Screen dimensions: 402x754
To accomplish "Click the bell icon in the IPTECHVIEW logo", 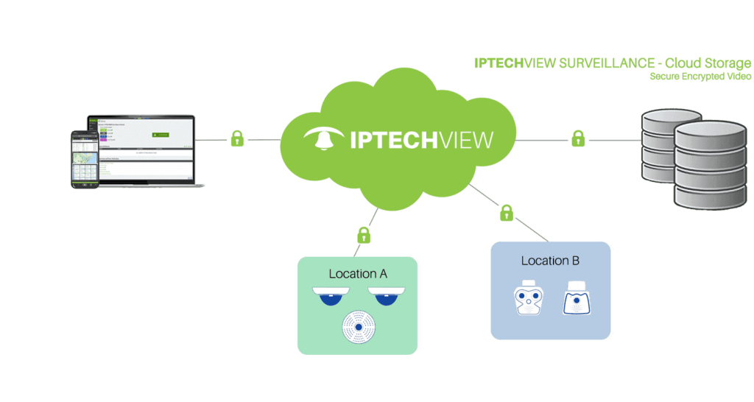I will click(x=323, y=140).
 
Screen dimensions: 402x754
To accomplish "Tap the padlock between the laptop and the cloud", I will click(x=237, y=138).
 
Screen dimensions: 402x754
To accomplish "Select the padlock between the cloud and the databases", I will click(x=578, y=138).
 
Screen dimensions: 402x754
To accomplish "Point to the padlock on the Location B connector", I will click(x=507, y=214).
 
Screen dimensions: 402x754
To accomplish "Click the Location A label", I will click(x=358, y=274).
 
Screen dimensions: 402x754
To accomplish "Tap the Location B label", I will click(x=551, y=261).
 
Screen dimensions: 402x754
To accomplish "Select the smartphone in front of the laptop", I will click(x=84, y=158).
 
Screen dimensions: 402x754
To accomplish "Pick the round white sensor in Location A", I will click(x=359, y=326).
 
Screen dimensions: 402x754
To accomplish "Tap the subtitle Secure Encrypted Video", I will click(x=700, y=76).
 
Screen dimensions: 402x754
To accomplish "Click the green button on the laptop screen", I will click(x=161, y=134).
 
